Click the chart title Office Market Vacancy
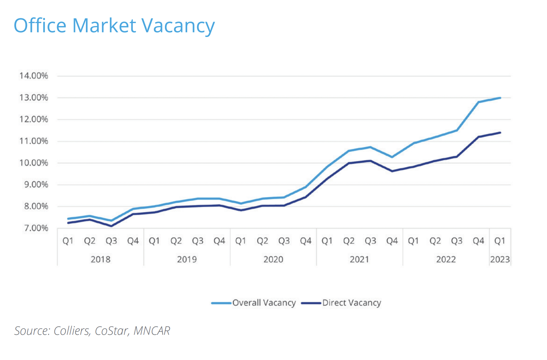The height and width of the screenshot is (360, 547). [x=114, y=26]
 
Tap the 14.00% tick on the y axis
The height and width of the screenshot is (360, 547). [x=34, y=76]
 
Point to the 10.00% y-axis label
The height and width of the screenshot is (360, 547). [x=34, y=163]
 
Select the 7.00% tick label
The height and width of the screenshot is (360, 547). [x=34, y=228]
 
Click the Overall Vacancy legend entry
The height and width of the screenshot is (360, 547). [x=264, y=303]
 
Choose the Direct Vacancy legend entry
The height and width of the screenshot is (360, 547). [x=351, y=303]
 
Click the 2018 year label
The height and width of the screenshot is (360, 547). [x=101, y=259]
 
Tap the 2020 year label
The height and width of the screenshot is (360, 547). [x=273, y=259]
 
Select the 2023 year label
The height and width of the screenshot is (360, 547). [x=500, y=259]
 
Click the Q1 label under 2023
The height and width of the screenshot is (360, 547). [x=500, y=241]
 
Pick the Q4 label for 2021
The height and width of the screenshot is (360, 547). [x=392, y=241]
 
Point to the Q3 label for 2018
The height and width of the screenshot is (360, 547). [x=111, y=241]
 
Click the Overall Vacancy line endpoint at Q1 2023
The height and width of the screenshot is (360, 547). [x=500, y=98]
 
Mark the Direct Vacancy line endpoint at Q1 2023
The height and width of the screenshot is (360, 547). [x=500, y=132]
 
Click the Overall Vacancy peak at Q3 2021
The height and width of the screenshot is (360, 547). [x=370, y=147]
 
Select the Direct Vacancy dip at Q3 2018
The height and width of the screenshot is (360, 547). [x=111, y=226]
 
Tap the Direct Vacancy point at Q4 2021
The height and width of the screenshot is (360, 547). [x=392, y=171]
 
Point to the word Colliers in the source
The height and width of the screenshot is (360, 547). [x=72, y=331]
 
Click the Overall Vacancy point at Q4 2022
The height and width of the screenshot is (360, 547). [x=478, y=102]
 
